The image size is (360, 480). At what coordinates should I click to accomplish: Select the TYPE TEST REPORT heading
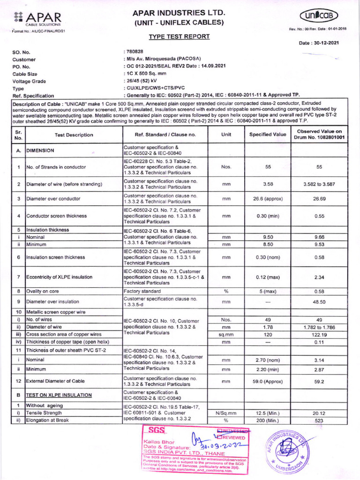(179, 37)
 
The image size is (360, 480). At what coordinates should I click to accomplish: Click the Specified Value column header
(268, 135)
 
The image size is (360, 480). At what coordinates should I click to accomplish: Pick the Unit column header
(226, 135)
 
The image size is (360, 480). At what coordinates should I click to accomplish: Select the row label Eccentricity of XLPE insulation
(60, 277)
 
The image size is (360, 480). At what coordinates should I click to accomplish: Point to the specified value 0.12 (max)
(268, 277)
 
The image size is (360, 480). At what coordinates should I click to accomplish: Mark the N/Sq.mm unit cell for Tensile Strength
(226, 413)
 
